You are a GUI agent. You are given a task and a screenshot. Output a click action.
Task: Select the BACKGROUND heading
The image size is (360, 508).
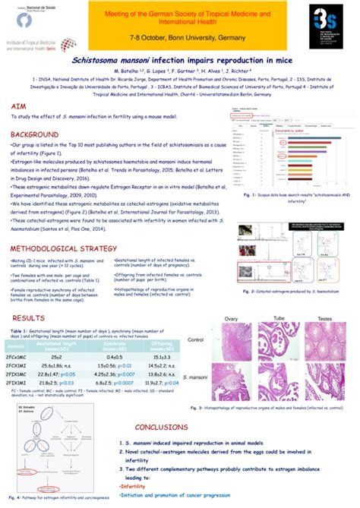pos(39,134)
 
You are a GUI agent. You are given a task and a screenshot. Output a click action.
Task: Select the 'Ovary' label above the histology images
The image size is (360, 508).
pos(231,318)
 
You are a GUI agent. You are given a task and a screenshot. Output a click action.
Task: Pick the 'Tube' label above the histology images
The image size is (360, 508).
pos(279,318)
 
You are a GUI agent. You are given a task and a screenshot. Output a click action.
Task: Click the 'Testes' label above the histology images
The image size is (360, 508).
pos(324,318)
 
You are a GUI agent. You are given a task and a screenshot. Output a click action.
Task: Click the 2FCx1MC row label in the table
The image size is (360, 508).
pos(17,355)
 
